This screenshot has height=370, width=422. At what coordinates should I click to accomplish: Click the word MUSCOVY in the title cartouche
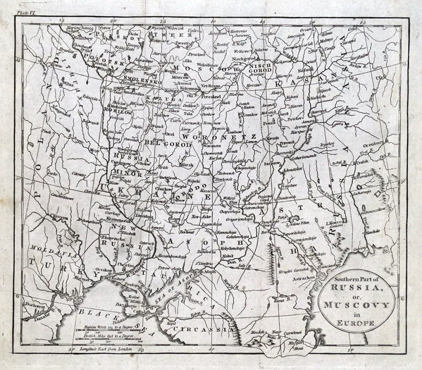tap(357, 305)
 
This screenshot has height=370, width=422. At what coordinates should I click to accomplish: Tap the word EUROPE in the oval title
tap(357, 323)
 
